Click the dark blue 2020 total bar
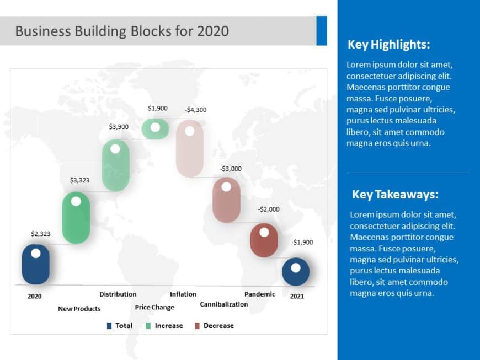pos(36,265)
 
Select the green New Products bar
pos(76,218)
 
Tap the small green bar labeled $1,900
pos(155,128)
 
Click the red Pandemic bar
pos(264,241)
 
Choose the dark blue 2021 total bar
pos(296,272)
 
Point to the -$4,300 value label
pos(196,110)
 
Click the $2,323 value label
pos(40,234)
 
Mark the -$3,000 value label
pos(231,169)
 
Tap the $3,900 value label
pos(119,127)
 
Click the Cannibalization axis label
pos(223,304)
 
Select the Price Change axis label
pos(154,308)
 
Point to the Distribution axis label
pos(118,294)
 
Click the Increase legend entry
pos(168,326)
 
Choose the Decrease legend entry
pos(218,326)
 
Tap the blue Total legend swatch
pos(109,326)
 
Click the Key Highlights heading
pos(388,45)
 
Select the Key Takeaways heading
pos(395,195)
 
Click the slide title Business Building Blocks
pos(122,31)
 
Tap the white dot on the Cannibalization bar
pos(226,186)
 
